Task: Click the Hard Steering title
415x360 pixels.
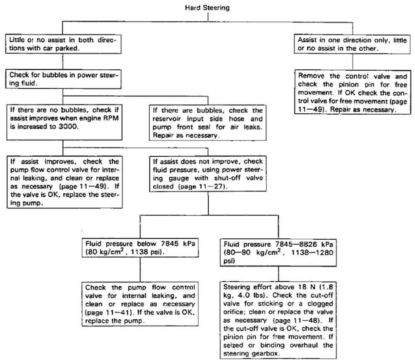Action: coord(207,8)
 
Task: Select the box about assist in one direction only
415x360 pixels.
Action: coord(352,44)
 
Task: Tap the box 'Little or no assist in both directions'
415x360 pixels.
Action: coord(63,44)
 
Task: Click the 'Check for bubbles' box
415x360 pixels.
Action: coord(63,79)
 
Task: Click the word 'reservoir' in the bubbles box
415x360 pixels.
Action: coord(167,119)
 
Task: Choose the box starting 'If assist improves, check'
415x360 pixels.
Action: coord(65,182)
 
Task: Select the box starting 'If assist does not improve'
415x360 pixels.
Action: coord(208,174)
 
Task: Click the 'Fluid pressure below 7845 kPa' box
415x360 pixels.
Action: coord(140,248)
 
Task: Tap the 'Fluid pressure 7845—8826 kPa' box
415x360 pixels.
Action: coord(278,253)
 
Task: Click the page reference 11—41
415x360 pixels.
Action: coord(120,313)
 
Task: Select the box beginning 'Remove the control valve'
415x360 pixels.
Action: coord(353,92)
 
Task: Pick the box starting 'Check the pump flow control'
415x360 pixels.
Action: coord(140,304)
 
